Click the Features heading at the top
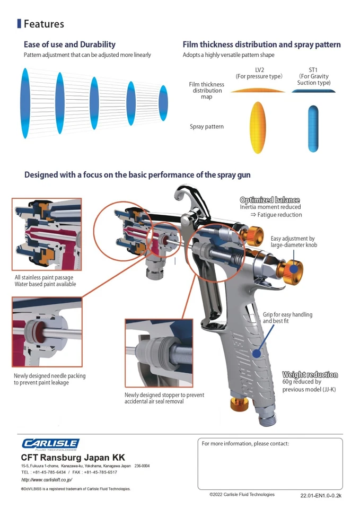43,24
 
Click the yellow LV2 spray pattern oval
257,127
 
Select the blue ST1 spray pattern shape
313,127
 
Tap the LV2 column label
259,70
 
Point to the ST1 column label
313,70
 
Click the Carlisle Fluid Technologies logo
50,444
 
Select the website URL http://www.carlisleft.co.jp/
47,479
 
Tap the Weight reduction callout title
310,375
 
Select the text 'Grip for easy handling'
287,314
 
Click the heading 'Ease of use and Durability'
69,45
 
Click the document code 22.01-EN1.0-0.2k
321,495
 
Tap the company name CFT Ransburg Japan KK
73,457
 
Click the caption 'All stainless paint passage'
44,277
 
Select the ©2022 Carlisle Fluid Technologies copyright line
242,494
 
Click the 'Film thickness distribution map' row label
206,91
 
